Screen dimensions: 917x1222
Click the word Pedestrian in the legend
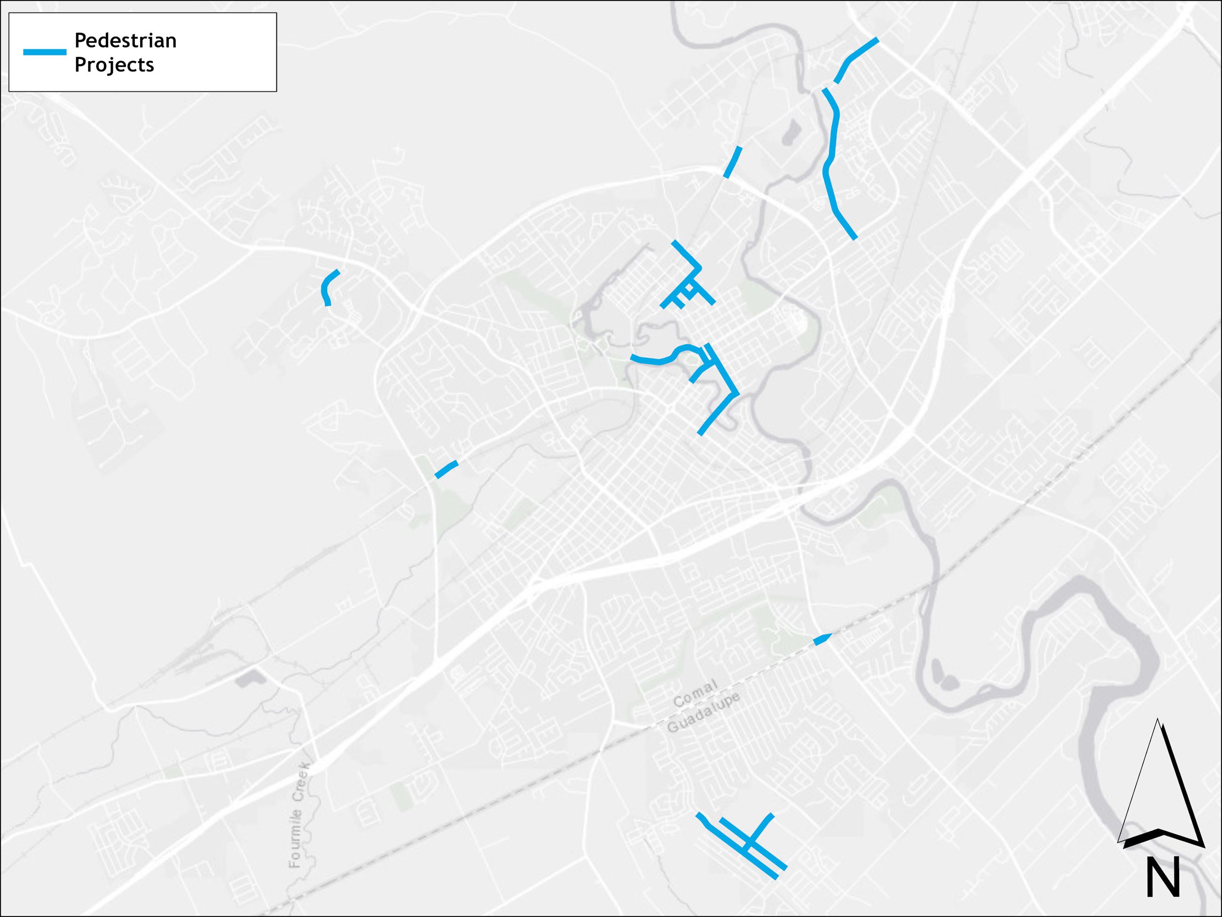125,41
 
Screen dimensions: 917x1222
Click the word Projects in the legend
114,65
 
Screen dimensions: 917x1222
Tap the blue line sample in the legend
44,52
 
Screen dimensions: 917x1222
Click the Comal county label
695,693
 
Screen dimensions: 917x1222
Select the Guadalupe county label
703,713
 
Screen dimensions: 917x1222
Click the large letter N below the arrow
1163,878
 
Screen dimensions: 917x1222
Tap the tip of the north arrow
1158,721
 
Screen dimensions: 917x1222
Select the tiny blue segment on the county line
822,640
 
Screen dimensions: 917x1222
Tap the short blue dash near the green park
446,469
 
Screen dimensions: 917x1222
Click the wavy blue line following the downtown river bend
663,359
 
